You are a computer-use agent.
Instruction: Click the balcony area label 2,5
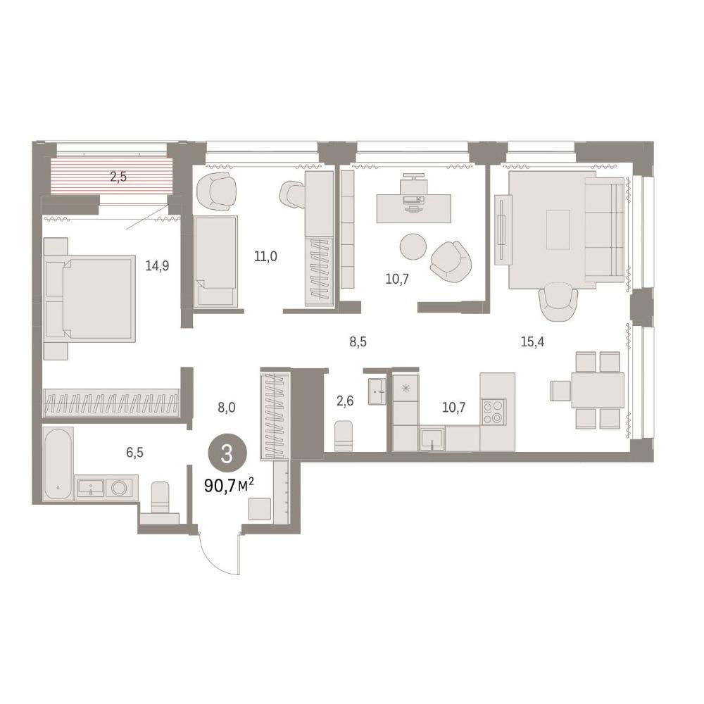pyautogui.click(x=118, y=177)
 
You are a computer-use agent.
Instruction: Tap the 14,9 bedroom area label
pyautogui.click(x=157, y=266)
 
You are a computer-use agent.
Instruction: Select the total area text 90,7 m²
pyautogui.click(x=230, y=485)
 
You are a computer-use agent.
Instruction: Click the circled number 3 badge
pyautogui.click(x=227, y=454)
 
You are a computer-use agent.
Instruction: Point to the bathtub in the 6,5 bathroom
pyautogui.click(x=58, y=464)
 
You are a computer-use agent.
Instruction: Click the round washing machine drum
pyautogui.click(x=119, y=488)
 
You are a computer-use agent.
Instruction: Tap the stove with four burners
pyautogui.click(x=494, y=412)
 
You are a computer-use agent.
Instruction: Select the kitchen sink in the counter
pyautogui.click(x=432, y=439)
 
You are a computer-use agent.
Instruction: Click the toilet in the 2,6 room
pyautogui.click(x=344, y=436)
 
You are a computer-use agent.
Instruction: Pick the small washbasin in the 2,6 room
pyautogui.click(x=376, y=391)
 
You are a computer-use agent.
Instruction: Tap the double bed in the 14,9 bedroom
pyautogui.click(x=90, y=298)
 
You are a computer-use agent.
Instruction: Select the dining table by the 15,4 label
pyautogui.click(x=598, y=390)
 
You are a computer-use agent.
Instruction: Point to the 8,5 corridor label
pyautogui.click(x=358, y=342)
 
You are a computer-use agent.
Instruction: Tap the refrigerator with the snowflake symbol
pyautogui.click(x=406, y=389)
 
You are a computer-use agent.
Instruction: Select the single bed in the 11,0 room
pyautogui.click(x=215, y=261)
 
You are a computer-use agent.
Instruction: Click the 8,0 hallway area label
pyautogui.click(x=226, y=408)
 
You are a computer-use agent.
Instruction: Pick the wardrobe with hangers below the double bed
pyautogui.click(x=111, y=403)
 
